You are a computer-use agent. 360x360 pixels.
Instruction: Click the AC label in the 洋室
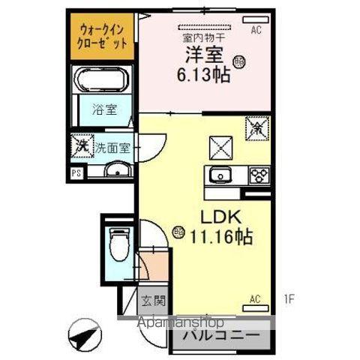256,31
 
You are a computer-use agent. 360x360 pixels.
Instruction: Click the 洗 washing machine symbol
80,145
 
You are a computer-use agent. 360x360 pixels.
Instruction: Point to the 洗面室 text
112,147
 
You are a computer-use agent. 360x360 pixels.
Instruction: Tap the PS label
76,172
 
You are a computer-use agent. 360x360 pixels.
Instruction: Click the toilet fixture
118,241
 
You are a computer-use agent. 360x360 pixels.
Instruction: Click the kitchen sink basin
220,176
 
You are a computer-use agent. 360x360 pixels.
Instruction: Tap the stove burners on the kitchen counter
259,176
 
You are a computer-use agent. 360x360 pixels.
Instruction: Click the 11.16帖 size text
220,238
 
